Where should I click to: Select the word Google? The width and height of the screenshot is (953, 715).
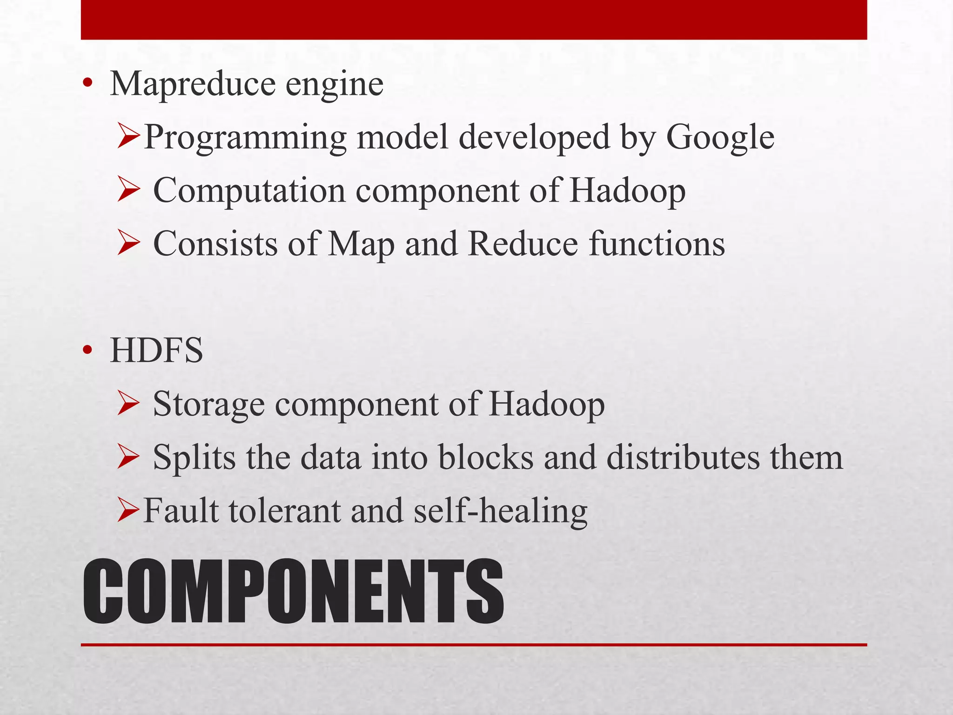point(720,139)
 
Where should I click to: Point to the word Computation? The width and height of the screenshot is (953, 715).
point(249,191)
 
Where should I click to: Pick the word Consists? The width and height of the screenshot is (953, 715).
point(215,244)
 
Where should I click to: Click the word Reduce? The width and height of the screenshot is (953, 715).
point(523,244)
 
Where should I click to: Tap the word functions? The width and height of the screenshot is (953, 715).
point(657,244)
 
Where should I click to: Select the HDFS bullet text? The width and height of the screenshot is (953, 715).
point(156,351)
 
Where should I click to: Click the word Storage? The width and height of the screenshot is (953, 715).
point(208,405)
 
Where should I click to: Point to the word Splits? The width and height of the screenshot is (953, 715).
point(194,458)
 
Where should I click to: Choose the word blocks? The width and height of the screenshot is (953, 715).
point(486,458)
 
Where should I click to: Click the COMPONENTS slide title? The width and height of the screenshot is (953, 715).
point(293,592)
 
